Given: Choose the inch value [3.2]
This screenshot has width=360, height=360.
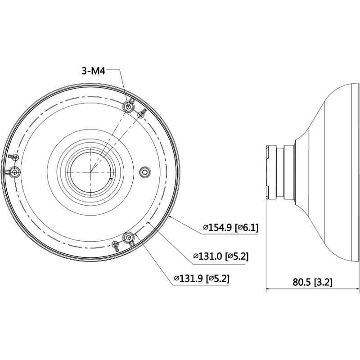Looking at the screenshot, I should pos(323,282).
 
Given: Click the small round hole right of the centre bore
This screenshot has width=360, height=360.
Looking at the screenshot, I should pos(144,171).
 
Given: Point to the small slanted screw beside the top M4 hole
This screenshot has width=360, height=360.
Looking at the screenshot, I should pos(141,113).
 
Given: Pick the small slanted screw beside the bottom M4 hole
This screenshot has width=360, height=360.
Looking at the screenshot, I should pos(116,245).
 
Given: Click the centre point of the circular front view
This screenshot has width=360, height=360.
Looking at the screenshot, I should pos(90,172).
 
